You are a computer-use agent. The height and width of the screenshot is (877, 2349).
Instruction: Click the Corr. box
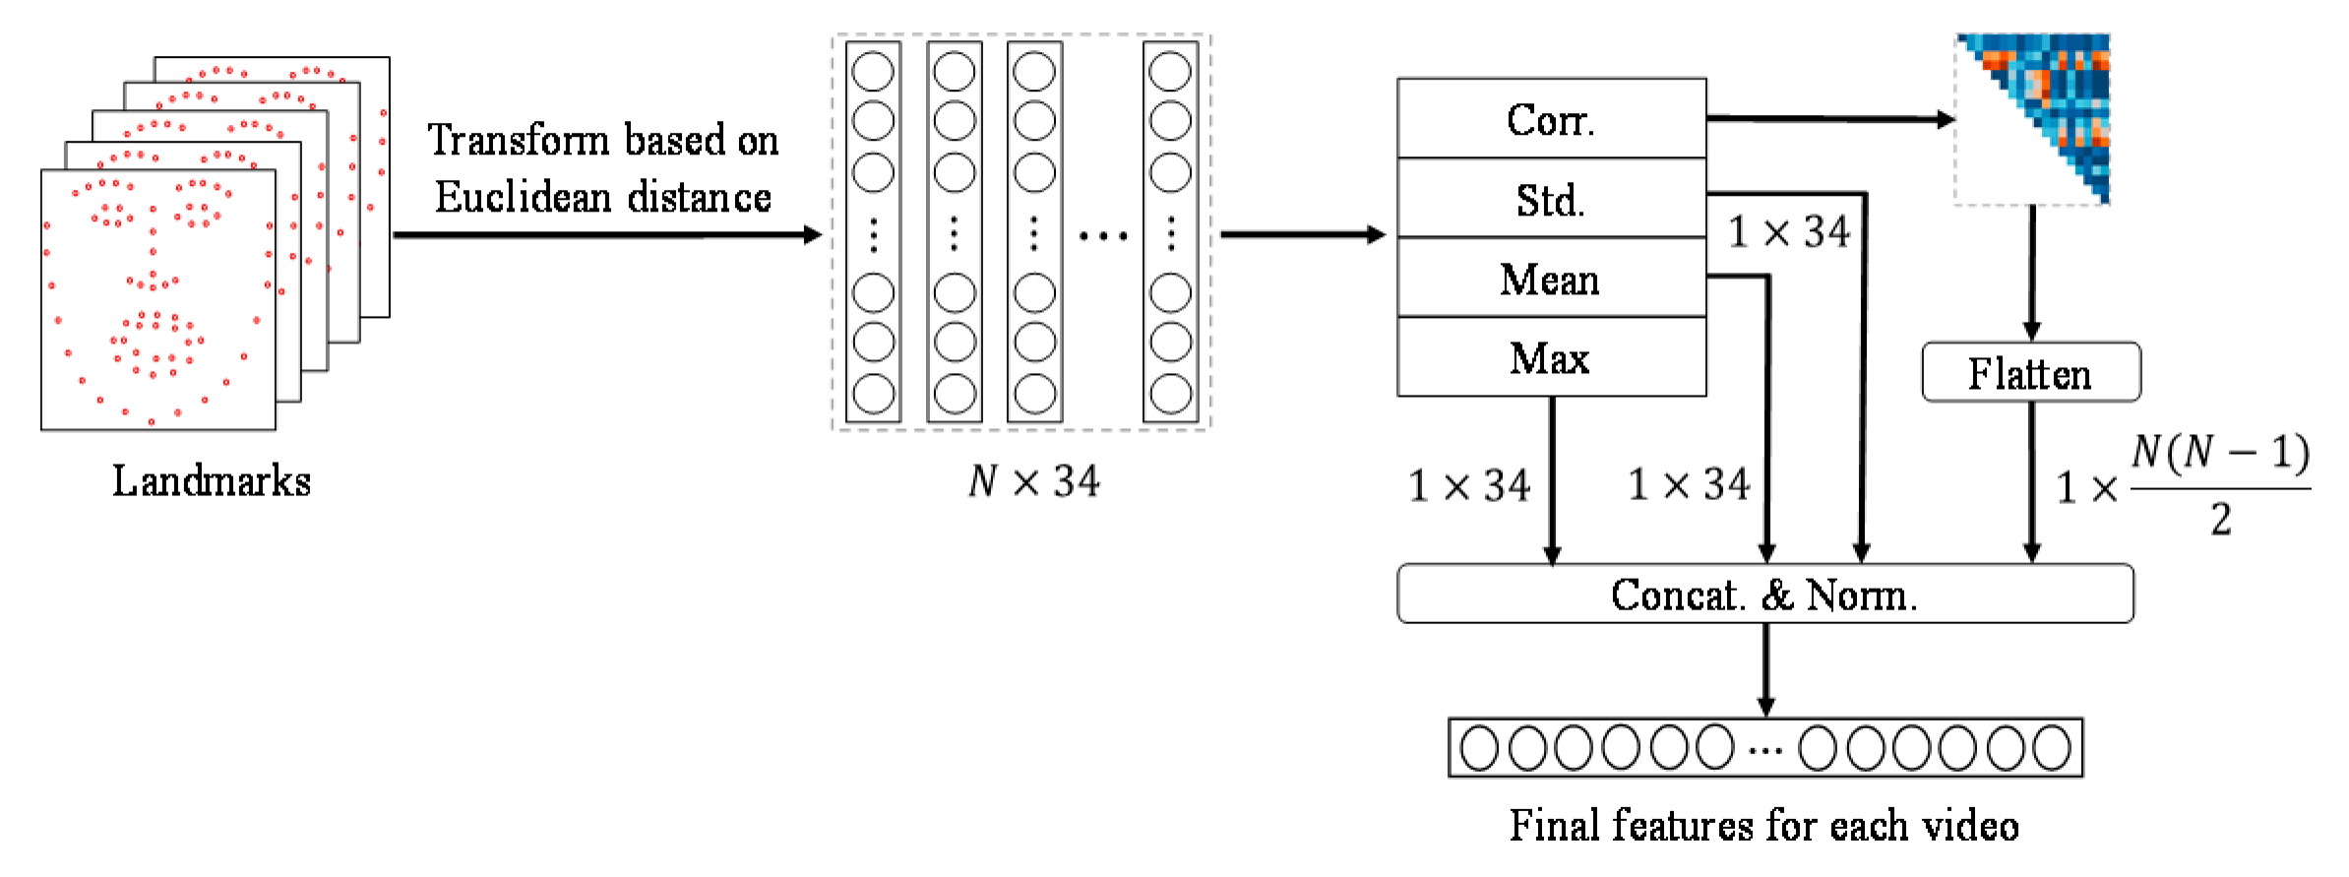(x=1551, y=119)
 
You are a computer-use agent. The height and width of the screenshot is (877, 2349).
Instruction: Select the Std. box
(x=1551, y=199)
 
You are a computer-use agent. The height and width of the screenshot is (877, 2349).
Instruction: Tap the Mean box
(x=1551, y=279)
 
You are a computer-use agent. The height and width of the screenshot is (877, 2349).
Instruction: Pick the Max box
(x=1551, y=358)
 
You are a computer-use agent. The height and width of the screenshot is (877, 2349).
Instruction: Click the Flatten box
(x=2030, y=373)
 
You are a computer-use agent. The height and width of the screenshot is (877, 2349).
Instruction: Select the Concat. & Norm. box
(x=1764, y=595)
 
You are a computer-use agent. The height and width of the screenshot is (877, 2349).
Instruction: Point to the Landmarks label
(x=211, y=481)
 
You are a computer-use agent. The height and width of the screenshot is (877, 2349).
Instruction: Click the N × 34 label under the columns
(x=1033, y=481)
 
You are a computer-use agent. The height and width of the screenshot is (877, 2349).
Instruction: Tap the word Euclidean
(x=523, y=197)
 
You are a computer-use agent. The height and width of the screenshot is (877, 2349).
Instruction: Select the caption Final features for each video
(x=1764, y=825)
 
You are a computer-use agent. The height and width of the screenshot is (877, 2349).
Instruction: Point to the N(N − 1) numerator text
(x=2220, y=453)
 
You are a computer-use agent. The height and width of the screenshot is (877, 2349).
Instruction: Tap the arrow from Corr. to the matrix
(x=1830, y=119)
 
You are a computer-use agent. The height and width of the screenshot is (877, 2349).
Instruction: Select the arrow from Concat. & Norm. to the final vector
(x=1765, y=669)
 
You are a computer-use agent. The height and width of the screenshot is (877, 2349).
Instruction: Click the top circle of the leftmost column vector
(x=873, y=71)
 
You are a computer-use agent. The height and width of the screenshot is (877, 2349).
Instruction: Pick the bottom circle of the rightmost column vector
(x=1170, y=394)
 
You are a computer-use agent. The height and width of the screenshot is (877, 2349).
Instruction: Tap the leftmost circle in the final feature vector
(x=1479, y=748)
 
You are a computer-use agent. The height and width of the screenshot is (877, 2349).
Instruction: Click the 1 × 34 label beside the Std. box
(x=1789, y=232)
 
